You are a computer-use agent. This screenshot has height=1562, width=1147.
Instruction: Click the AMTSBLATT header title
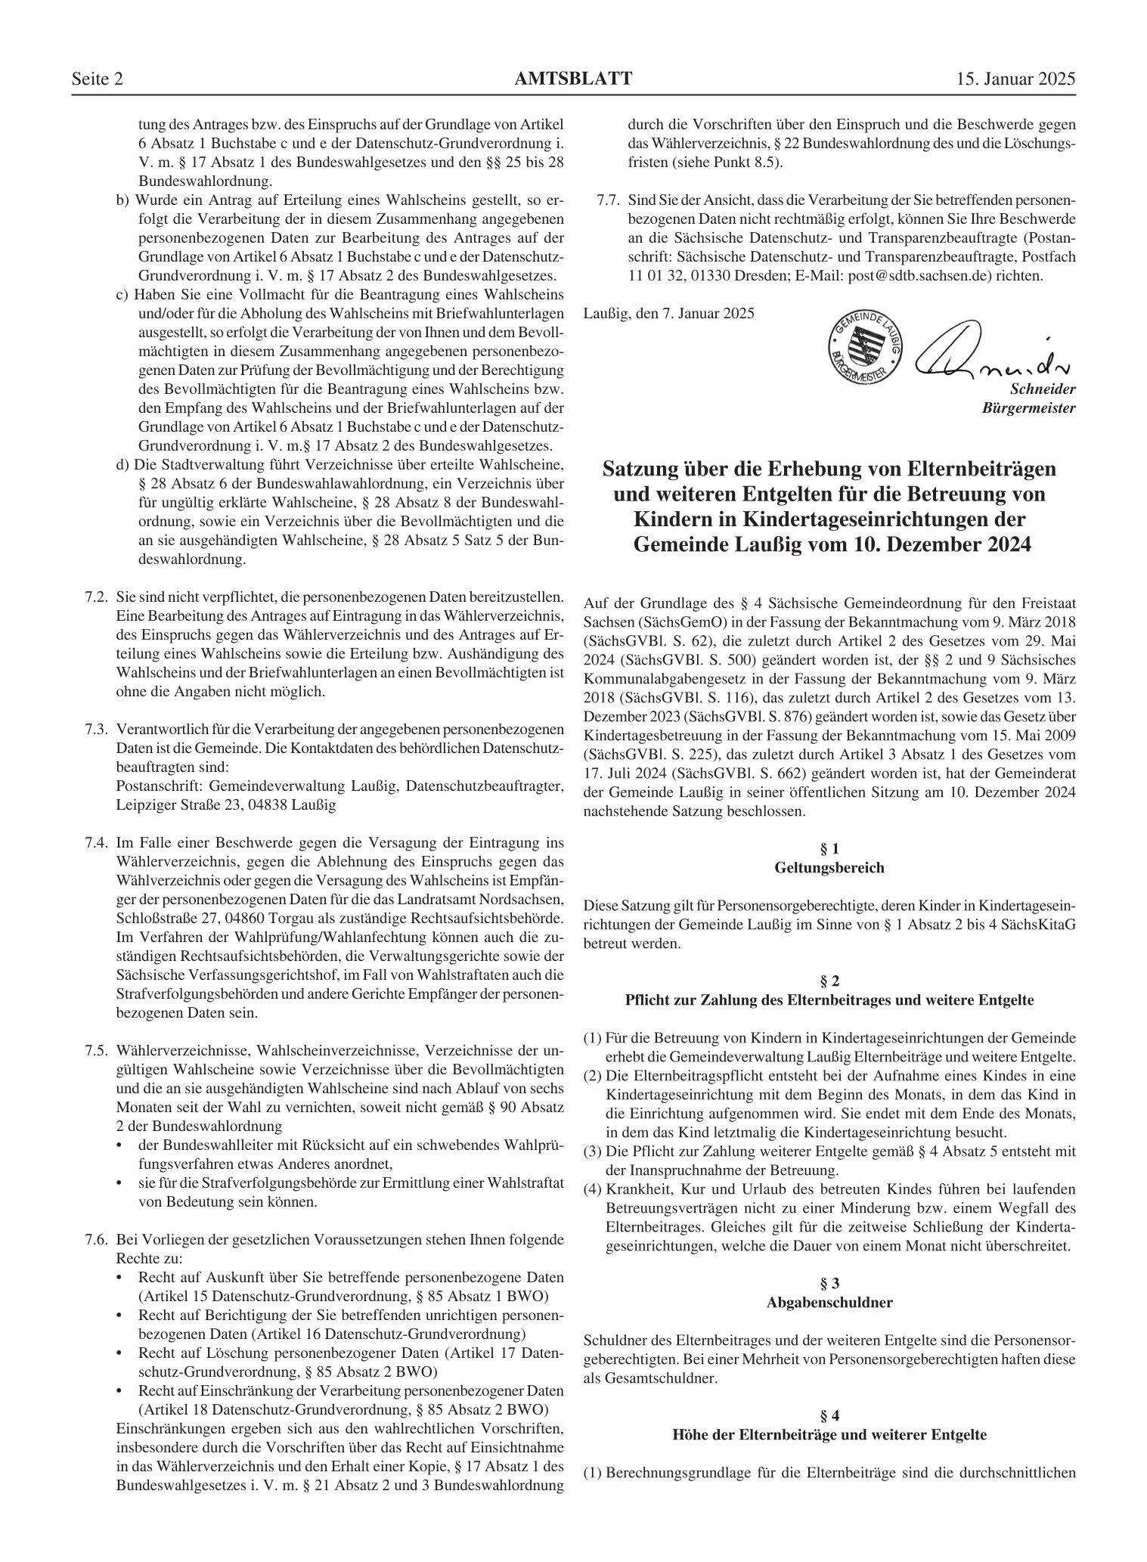click(573, 79)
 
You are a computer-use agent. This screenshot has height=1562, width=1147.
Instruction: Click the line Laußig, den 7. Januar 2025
click(669, 313)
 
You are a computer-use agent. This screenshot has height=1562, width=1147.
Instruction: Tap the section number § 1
click(829, 849)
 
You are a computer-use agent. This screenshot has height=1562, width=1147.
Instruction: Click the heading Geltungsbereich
click(829, 868)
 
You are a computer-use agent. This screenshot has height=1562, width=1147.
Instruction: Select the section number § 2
click(829, 981)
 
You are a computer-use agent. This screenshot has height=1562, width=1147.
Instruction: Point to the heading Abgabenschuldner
click(829, 1303)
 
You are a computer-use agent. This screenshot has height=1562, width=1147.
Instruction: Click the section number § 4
click(829, 1416)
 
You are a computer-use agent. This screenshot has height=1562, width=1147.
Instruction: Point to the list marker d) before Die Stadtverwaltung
click(122, 464)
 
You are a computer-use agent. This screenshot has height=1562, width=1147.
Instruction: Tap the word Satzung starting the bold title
click(640, 470)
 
